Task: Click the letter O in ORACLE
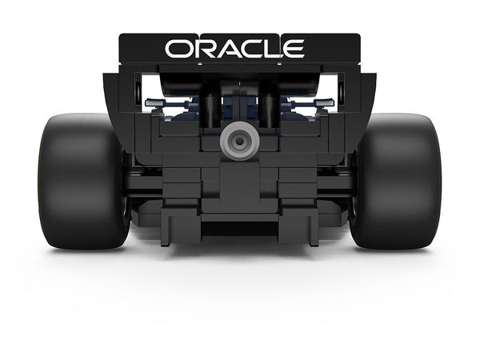(x=178, y=50)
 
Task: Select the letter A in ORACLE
(x=230, y=50)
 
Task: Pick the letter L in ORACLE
(x=276, y=50)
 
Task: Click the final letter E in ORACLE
(x=295, y=50)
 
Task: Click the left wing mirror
(x=154, y=103)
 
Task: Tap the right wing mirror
(x=323, y=103)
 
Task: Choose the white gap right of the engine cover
(x=330, y=88)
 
